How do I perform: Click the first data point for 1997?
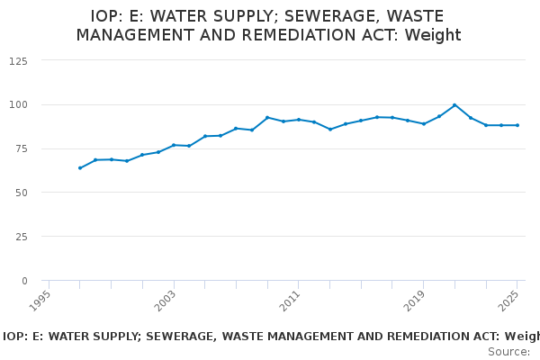tap(80, 167)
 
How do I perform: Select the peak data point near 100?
tap(454, 105)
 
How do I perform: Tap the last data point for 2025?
tap(517, 125)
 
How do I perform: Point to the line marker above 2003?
tap(174, 145)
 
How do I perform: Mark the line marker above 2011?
tap(299, 120)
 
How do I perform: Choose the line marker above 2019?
tap(424, 123)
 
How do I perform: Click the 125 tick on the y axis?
tap(18, 60)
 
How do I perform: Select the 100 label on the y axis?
tap(18, 104)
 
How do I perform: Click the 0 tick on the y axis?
tap(24, 281)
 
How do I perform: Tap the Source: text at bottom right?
tap(508, 352)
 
